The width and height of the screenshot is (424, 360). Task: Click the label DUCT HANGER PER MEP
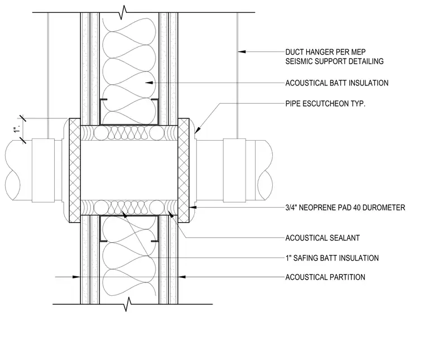[x=325, y=52]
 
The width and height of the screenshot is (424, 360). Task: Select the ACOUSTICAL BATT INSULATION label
[x=337, y=83]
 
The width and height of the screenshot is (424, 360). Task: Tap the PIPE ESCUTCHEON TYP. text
[x=325, y=104]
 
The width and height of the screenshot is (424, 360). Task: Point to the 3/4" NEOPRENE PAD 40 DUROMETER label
[x=345, y=208]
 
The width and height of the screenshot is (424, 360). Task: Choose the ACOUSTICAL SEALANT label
[x=322, y=238]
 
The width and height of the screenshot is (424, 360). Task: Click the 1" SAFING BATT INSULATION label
[x=332, y=258]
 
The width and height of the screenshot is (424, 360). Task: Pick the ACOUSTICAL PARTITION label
[x=325, y=277]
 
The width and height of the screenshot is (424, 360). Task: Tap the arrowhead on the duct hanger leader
[x=242, y=51]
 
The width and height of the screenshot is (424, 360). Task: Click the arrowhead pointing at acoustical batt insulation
[x=150, y=83]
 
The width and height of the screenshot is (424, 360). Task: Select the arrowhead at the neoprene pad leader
[x=193, y=208]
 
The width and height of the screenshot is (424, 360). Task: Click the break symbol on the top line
[x=123, y=12]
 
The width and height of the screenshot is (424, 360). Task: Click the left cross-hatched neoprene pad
[x=75, y=170]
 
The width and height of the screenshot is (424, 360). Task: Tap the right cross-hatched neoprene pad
[x=184, y=170]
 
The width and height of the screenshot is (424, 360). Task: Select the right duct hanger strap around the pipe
[x=234, y=170]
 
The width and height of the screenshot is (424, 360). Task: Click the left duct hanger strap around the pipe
[x=44, y=170]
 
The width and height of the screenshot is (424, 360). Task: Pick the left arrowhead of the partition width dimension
[x=76, y=277]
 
